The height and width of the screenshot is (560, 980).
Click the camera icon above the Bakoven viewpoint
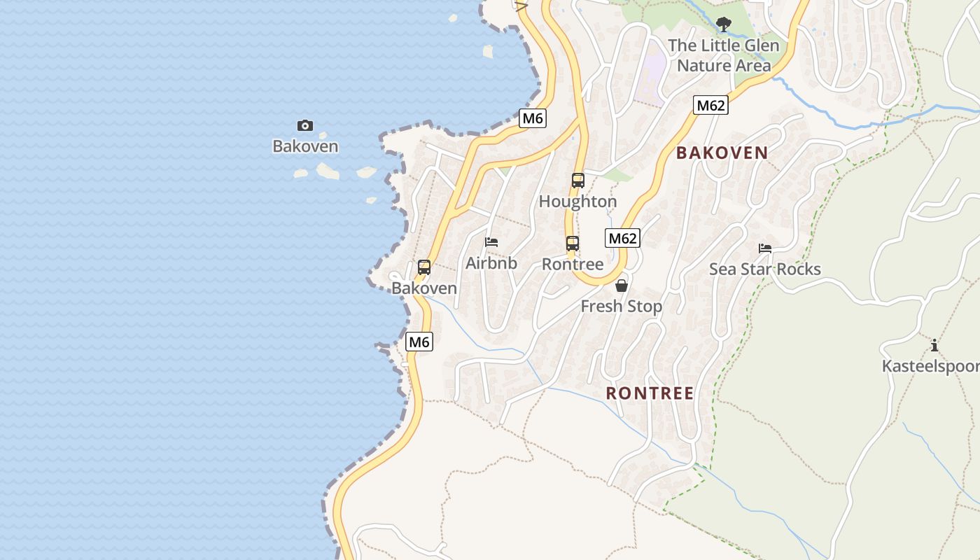(304, 126)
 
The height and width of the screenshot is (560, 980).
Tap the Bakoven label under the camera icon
(305, 146)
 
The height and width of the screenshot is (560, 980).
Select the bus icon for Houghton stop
(577, 181)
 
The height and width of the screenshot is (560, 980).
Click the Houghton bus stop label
(577, 202)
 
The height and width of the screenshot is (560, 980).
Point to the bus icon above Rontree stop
(573, 244)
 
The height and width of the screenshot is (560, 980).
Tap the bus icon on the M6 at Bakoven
(424, 267)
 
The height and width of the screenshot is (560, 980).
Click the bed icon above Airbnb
(491, 242)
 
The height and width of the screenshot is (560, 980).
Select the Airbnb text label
(491, 263)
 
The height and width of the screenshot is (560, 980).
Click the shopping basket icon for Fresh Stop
(622, 286)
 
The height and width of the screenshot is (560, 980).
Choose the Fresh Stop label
(622, 306)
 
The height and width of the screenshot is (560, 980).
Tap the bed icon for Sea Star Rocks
(765, 248)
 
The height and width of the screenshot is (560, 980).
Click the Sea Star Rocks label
(764, 269)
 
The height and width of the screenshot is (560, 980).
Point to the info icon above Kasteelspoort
(934, 345)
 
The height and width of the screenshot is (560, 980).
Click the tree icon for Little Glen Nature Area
(723, 24)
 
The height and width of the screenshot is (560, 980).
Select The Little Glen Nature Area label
(723, 55)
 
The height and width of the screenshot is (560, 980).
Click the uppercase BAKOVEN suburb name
(722, 153)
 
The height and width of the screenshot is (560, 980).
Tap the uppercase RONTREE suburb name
(650, 393)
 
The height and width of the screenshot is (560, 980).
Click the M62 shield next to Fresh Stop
(622, 238)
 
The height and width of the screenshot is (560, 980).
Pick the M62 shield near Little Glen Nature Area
(710, 106)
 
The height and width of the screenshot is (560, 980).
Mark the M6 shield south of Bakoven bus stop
(419, 342)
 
